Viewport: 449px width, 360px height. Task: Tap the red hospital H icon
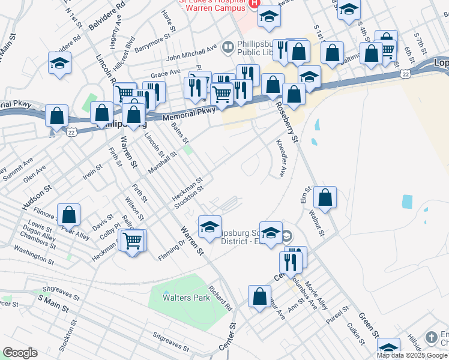[x=254, y=3]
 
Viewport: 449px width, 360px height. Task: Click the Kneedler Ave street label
[x=280, y=158]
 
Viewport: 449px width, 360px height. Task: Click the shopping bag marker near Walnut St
[x=325, y=197]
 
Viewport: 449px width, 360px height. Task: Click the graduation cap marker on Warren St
[x=209, y=227]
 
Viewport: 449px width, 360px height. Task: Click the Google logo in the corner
[x=20, y=353]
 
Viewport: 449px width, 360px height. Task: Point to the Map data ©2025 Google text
[x=412, y=355]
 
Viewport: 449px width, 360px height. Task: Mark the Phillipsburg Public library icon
[x=228, y=46]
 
